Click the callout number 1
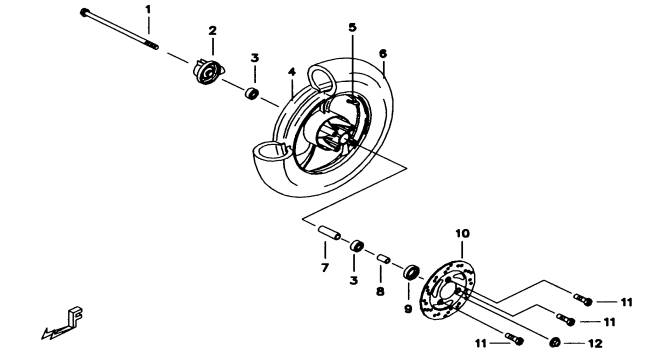tap(148, 9)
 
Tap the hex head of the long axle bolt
tap(84, 12)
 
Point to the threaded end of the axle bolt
tap(151, 44)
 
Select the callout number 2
tap(212, 30)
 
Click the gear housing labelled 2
tap(207, 71)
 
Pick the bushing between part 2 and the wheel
tap(252, 93)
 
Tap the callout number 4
tap(291, 72)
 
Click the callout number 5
tap(352, 28)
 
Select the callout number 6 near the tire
tap(382, 54)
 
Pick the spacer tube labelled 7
tap(330, 233)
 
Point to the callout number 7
tap(325, 268)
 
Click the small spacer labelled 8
tap(383, 259)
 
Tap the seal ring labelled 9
tap(411, 271)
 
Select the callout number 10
tap(462, 233)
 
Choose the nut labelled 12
tap(555, 342)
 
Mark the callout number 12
tap(595, 343)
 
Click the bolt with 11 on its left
tap(515, 339)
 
